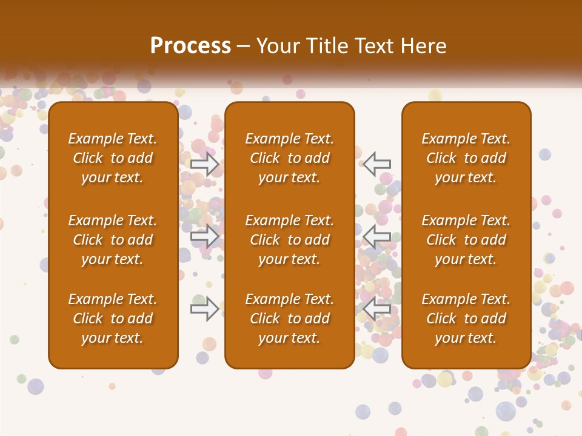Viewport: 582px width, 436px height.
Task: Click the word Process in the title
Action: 190,45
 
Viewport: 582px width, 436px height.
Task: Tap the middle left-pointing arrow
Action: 377,236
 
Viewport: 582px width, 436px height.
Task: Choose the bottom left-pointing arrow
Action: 377,308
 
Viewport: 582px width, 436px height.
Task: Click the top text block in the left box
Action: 113,158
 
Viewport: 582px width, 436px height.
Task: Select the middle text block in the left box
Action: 113,240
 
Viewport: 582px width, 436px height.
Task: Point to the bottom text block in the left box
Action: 113,319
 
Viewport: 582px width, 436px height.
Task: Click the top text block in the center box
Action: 290,158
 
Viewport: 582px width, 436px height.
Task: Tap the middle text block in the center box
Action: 290,240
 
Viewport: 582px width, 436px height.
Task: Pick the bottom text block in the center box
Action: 290,319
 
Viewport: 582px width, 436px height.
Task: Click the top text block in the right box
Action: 466,158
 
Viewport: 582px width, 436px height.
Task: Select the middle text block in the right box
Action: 466,240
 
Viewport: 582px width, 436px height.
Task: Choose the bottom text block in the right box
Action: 466,319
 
